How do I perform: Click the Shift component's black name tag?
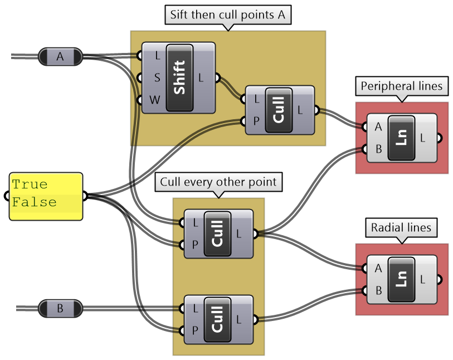tap(179, 77)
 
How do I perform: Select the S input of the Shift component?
tap(157, 77)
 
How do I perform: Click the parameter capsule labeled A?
tap(60, 56)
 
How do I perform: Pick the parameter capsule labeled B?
tap(60, 308)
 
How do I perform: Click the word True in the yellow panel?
tap(30, 184)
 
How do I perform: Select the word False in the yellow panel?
tap(35, 202)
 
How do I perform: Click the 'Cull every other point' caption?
tap(218, 182)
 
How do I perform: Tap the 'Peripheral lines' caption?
tap(401, 86)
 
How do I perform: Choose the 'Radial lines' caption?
tap(401, 227)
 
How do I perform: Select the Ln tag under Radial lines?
tap(401, 279)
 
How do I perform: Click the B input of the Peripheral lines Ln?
tap(378, 149)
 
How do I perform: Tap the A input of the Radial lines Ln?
tap(378, 268)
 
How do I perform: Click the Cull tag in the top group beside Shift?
tap(279, 110)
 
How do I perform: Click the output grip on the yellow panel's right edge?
tap(84, 196)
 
